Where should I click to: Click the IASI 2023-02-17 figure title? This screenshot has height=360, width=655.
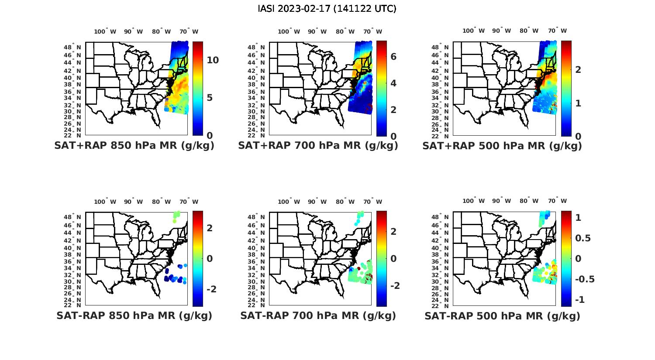327,9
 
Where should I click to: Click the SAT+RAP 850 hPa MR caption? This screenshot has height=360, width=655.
134,146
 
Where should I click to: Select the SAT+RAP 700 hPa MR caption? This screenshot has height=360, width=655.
318,146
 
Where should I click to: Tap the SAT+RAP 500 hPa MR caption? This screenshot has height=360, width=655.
502,146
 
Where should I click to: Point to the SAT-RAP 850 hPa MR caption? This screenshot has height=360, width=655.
134,315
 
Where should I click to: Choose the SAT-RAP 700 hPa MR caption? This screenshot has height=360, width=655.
318,315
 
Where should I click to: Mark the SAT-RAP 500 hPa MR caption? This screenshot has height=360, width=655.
502,316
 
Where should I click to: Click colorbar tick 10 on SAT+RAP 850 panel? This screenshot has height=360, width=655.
213,60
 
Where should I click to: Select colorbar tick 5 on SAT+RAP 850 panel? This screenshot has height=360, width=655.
210,97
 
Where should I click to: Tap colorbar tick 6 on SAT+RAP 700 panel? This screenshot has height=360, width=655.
393,56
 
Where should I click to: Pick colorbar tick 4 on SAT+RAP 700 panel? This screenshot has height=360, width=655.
393,83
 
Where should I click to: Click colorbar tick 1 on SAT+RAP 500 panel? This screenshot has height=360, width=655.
578,103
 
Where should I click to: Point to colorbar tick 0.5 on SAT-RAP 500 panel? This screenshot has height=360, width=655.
583,238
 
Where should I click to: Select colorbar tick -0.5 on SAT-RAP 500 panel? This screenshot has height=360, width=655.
585,279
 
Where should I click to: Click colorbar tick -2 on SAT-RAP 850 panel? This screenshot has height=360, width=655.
211,289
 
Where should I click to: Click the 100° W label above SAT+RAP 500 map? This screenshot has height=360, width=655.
473,31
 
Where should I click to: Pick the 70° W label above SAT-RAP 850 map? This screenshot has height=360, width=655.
189,202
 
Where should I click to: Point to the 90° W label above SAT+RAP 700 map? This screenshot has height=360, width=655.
317,31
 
